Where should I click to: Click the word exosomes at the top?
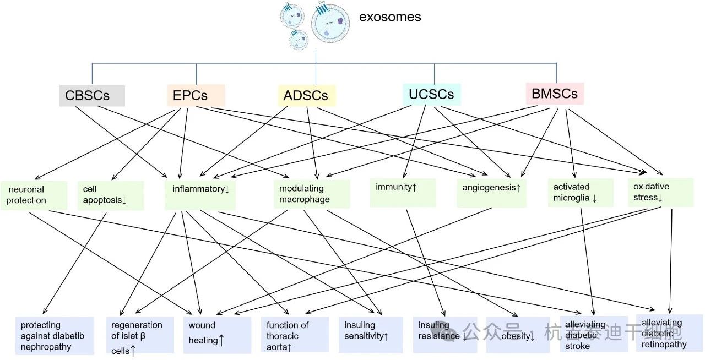click(390, 17)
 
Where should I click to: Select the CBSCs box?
click(92, 95)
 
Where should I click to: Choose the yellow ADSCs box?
click(306, 95)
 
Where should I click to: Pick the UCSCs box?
click(431, 94)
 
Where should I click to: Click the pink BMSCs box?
click(555, 94)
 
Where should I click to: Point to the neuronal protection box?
click(34, 195)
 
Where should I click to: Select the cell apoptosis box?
click(111, 195)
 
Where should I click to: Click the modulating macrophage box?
click(312, 194)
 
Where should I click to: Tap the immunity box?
click(403, 193)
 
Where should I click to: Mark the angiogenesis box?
click(491, 193)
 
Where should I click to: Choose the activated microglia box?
click(581, 193)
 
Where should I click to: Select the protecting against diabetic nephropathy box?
click(55, 336)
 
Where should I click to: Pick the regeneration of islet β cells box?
click(141, 336)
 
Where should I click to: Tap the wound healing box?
click(217, 335)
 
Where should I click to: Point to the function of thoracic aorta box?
click(295, 335)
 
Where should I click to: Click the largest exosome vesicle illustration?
click(330, 23)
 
